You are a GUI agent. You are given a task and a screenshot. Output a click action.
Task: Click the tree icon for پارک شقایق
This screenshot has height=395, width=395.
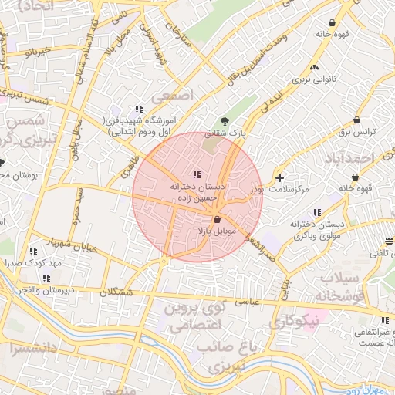[225, 121]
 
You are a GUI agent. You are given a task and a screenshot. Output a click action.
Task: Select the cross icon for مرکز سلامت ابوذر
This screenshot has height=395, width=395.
[279, 178]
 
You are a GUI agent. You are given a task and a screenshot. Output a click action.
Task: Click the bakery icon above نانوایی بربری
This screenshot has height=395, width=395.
[314, 66]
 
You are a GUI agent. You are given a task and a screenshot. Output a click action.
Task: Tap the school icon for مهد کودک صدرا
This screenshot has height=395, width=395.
[33, 251]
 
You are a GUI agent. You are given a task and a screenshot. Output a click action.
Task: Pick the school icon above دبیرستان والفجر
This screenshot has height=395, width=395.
[46, 277]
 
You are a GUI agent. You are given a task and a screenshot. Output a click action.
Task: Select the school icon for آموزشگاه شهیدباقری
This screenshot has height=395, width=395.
[139, 110]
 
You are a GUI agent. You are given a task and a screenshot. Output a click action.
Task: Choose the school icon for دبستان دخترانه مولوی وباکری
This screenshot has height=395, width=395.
[316, 212]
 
